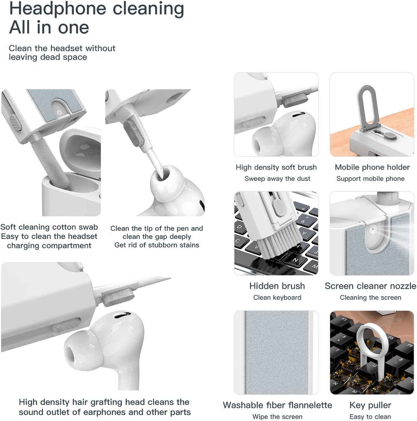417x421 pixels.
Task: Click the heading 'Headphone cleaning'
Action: (x=96, y=9)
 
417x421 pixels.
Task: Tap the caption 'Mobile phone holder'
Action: (x=372, y=167)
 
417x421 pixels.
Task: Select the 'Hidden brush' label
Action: (x=277, y=286)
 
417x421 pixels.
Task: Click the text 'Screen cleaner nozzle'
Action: (x=370, y=286)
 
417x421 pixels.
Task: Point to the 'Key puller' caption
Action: (x=370, y=405)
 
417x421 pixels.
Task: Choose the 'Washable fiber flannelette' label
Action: (x=277, y=405)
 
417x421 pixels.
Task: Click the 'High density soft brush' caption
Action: (x=276, y=167)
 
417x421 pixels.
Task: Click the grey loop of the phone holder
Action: (x=367, y=107)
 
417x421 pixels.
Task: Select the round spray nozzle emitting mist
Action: (x=373, y=229)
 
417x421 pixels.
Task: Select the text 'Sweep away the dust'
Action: (x=277, y=179)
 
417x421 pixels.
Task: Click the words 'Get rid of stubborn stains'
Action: (x=157, y=245)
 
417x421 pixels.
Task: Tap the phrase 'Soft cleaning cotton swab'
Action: (x=49, y=227)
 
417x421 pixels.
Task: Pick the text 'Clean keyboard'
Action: (x=277, y=298)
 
